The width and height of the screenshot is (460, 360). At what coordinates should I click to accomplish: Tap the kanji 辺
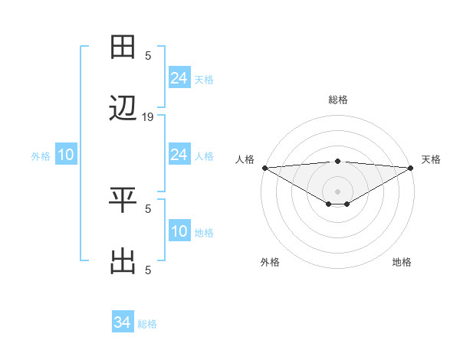pyautogui.click(x=123, y=110)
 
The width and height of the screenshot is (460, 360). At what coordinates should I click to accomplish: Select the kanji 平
pyautogui.click(x=123, y=201)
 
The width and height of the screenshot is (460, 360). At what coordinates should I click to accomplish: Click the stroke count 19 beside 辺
pyautogui.click(x=148, y=117)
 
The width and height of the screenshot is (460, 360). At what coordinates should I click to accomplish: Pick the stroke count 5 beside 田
pyautogui.click(x=148, y=55)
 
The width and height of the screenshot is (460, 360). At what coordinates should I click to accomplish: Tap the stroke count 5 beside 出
pyautogui.click(x=148, y=270)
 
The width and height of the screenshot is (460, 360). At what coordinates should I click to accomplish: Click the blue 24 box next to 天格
pyautogui.click(x=179, y=77)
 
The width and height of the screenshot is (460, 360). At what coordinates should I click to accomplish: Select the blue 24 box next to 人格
pyautogui.click(x=179, y=155)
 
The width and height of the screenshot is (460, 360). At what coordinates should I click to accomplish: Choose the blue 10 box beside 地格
pyautogui.click(x=179, y=232)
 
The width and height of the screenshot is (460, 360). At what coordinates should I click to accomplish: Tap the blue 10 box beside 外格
pyautogui.click(x=66, y=155)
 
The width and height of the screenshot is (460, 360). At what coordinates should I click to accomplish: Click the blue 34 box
pyautogui.click(x=122, y=323)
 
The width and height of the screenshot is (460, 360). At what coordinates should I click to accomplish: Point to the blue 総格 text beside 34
pyautogui.click(x=147, y=324)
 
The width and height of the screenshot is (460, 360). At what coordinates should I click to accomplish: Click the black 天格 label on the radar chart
pyautogui.click(x=432, y=159)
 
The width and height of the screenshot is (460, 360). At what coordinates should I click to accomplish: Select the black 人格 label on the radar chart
pyautogui.click(x=245, y=159)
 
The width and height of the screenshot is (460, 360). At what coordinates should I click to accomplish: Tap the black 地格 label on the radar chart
pyautogui.click(x=402, y=263)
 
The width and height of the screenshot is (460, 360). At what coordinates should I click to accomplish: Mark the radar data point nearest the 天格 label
pyautogui.click(x=411, y=168)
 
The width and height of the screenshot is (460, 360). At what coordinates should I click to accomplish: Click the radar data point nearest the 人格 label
pyautogui.click(x=264, y=168)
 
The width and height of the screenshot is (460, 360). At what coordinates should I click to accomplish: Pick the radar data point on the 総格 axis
pyautogui.click(x=337, y=161)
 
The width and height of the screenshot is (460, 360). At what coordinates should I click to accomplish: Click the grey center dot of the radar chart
pyautogui.click(x=337, y=191)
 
